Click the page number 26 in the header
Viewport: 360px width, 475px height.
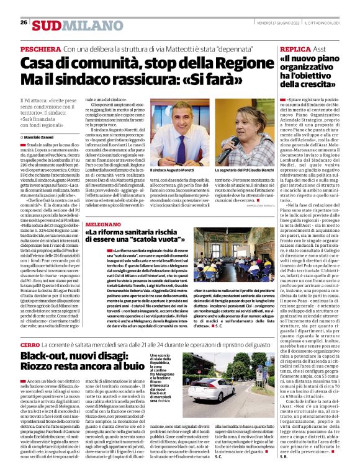(24, 22)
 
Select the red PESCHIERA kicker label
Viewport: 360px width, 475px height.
(40, 48)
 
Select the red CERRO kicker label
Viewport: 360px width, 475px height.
(30, 344)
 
